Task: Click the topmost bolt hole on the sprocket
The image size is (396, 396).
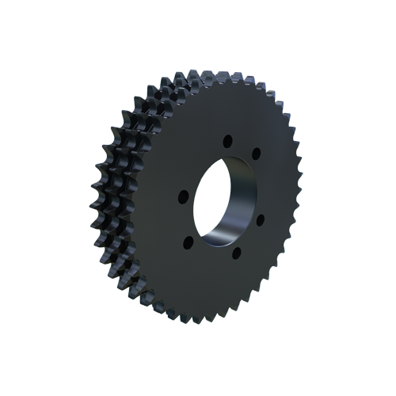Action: pyautogui.click(x=227, y=141)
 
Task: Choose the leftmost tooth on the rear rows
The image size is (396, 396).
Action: pyautogui.click(x=94, y=190)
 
